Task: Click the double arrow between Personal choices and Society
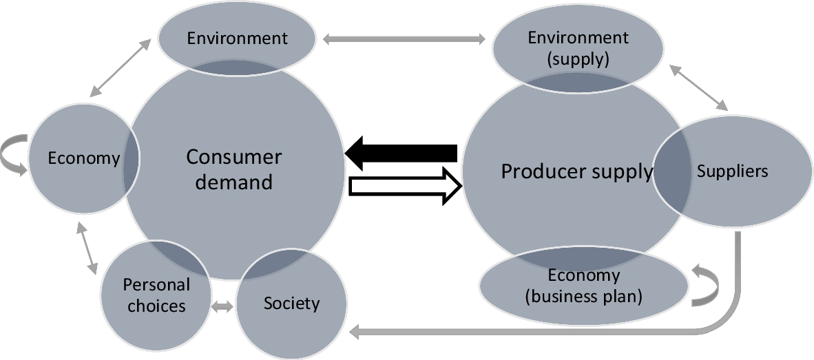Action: (222, 308)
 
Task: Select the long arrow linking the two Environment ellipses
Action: (404, 39)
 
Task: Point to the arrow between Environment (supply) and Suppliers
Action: (699, 87)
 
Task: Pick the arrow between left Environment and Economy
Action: (121, 67)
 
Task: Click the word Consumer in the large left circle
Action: (233, 157)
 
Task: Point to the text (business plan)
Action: (583, 297)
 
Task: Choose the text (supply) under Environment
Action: (578, 59)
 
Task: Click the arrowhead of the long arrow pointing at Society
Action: (357, 333)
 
